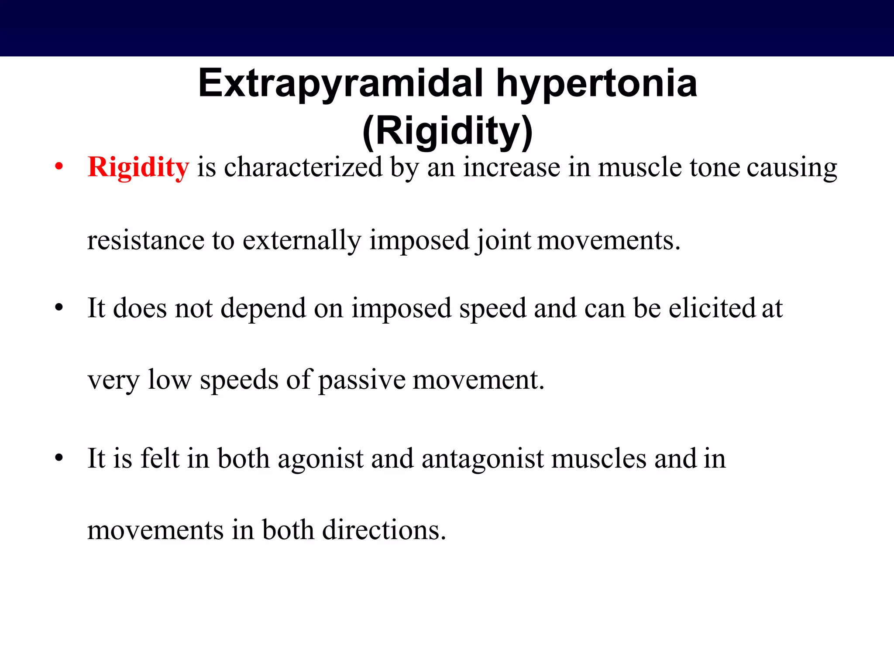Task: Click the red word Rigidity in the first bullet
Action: point(138,167)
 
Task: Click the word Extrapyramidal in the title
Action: point(340,84)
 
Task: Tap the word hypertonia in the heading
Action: point(596,84)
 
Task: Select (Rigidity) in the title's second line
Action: point(447,131)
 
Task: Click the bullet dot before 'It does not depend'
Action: point(59,308)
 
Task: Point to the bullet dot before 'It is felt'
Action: point(59,458)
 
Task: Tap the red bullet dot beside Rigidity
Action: point(59,167)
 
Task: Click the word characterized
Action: point(303,167)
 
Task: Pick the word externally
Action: point(302,241)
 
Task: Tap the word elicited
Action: point(712,308)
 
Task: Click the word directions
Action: point(384,530)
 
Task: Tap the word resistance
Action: point(146,241)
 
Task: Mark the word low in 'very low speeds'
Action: point(169,379)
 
